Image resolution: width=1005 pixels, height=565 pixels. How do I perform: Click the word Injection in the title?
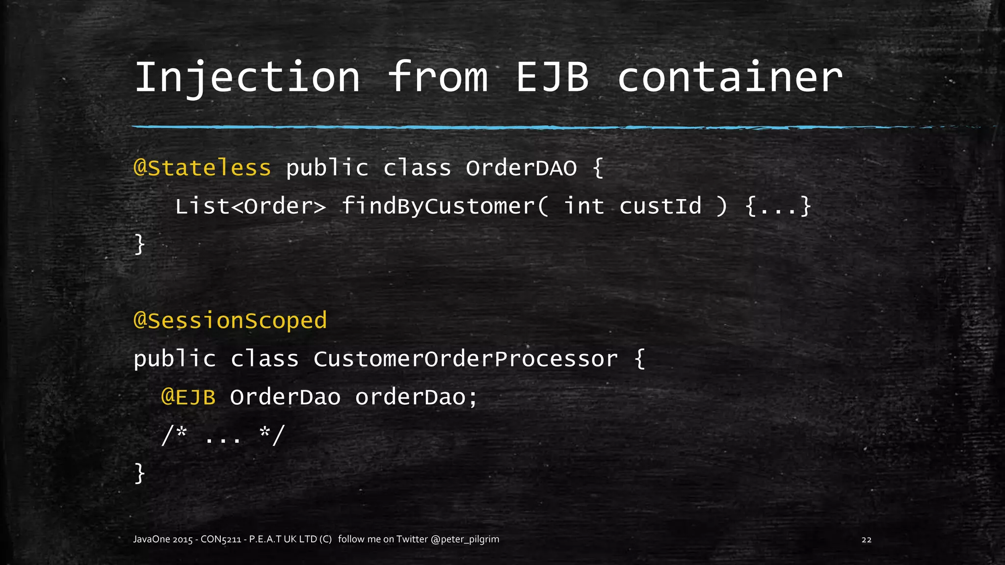tap(247, 77)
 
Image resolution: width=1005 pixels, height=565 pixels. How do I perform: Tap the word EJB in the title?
tap(553, 77)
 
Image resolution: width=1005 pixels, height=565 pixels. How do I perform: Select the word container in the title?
tap(730, 77)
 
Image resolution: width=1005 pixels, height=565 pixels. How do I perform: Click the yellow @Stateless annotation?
tap(202, 168)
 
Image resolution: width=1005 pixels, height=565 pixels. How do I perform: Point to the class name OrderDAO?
tap(521, 168)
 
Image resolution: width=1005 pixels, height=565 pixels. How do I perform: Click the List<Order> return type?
tap(250, 206)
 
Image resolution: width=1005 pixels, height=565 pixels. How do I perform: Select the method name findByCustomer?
tap(438, 206)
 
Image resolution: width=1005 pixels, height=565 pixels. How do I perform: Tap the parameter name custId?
tap(660, 206)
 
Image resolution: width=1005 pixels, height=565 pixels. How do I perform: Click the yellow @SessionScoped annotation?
tap(230, 321)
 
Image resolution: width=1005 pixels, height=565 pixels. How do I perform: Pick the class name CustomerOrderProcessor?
tap(465, 359)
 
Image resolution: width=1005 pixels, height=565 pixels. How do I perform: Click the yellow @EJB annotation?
tap(188, 397)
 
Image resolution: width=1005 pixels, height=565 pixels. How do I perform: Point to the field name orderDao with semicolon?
tap(416, 397)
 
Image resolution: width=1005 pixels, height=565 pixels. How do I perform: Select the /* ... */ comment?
tap(223, 435)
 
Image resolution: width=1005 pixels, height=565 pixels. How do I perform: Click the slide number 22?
tap(867, 539)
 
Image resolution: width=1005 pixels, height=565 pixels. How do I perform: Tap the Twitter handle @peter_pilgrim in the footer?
tap(465, 539)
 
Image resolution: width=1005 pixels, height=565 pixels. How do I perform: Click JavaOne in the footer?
tap(152, 539)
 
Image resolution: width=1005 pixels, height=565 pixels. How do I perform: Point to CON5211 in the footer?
tap(221, 539)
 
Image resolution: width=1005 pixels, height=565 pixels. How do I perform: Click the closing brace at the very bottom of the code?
tap(140, 473)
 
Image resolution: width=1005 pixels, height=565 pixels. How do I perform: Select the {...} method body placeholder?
tap(778, 206)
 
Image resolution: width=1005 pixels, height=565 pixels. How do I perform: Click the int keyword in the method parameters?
tap(584, 206)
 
